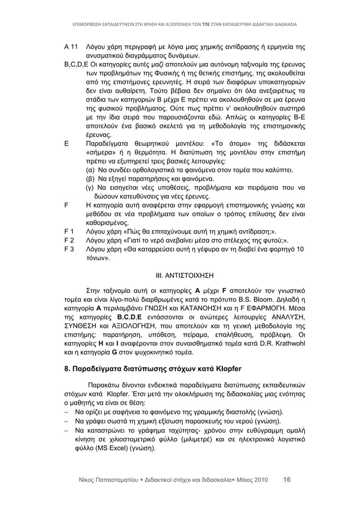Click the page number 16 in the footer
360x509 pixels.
(x=287, y=480)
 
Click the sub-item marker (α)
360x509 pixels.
(x=90, y=168)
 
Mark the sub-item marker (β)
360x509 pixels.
(x=90, y=178)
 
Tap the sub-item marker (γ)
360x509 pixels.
(x=90, y=187)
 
